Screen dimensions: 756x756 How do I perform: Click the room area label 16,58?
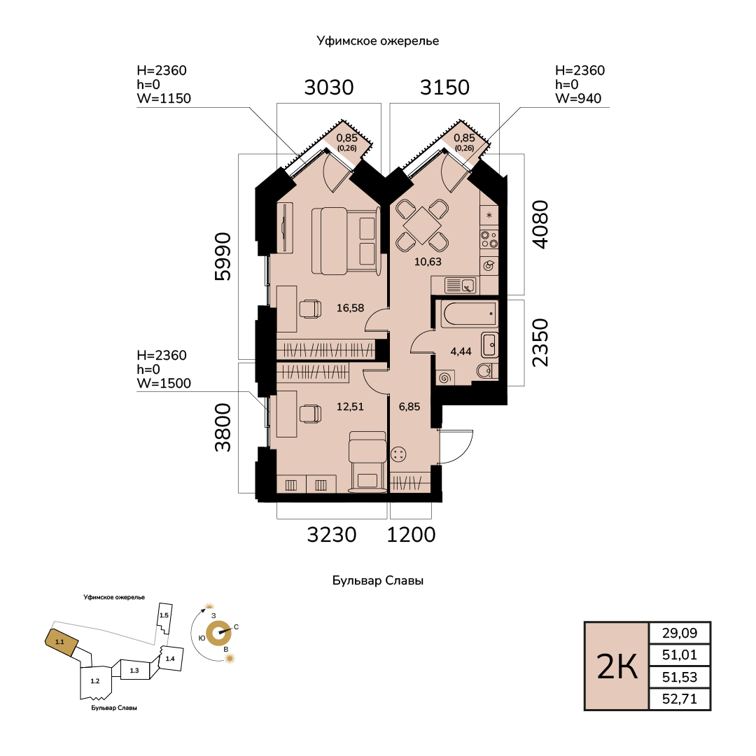point(350,307)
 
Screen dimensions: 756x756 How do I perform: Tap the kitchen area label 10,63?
point(428,262)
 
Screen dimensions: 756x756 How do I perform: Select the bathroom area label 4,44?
point(461,351)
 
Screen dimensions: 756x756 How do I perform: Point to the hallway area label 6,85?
point(409,407)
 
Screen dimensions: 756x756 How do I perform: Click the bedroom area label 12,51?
point(350,407)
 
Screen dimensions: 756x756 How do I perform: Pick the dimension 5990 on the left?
point(223,256)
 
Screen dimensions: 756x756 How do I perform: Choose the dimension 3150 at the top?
point(444,87)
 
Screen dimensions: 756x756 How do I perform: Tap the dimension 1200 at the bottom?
point(412,535)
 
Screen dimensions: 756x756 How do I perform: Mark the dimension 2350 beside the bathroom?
point(540,343)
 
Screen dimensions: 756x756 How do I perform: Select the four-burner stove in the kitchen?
point(489,239)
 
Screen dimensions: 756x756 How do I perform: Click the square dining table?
point(422,225)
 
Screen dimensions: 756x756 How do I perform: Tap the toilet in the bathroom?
point(485,371)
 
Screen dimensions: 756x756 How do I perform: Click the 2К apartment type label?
point(617,667)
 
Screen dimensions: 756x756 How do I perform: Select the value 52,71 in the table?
point(679,699)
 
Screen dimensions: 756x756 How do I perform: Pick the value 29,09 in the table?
point(679,633)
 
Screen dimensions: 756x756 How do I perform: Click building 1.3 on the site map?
point(134,670)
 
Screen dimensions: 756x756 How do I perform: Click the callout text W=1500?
point(164,384)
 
